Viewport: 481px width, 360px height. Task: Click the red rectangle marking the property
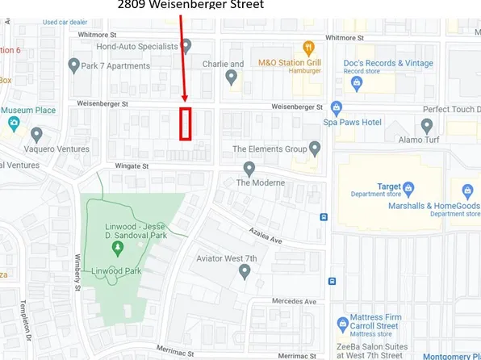click(x=186, y=123)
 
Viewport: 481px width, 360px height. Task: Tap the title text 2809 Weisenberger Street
click(x=190, y=5)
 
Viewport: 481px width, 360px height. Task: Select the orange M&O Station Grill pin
click(x=307, y=48)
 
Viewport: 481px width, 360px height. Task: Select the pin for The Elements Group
click(x=315, y=149)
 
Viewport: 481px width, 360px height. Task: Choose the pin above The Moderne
click(x=249, y=168)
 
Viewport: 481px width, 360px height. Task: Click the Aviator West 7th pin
click(x=245, y=272)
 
